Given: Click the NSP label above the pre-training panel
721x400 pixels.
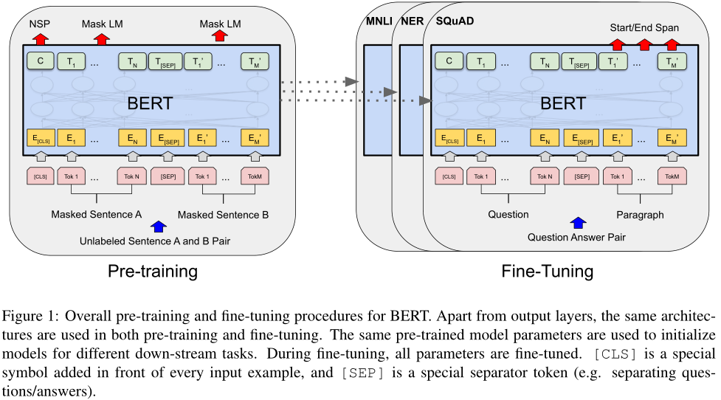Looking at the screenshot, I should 39,24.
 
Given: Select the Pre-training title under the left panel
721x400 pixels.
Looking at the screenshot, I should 153,271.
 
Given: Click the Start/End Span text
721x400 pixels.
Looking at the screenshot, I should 644,27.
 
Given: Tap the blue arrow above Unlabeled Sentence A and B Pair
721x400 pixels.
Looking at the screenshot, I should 157,227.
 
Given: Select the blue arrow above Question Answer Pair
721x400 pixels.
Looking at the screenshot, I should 578,223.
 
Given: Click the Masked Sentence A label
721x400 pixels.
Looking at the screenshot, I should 97,215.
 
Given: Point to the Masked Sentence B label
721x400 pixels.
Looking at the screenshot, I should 224,215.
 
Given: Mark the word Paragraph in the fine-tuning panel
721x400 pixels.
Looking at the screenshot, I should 640,215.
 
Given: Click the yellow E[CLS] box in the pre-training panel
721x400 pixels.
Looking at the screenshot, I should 41,138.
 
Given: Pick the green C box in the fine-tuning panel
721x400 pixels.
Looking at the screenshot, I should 449,61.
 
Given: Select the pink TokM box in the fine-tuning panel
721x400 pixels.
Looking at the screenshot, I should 671,177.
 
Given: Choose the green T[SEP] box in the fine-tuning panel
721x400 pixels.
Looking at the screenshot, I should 580,61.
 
